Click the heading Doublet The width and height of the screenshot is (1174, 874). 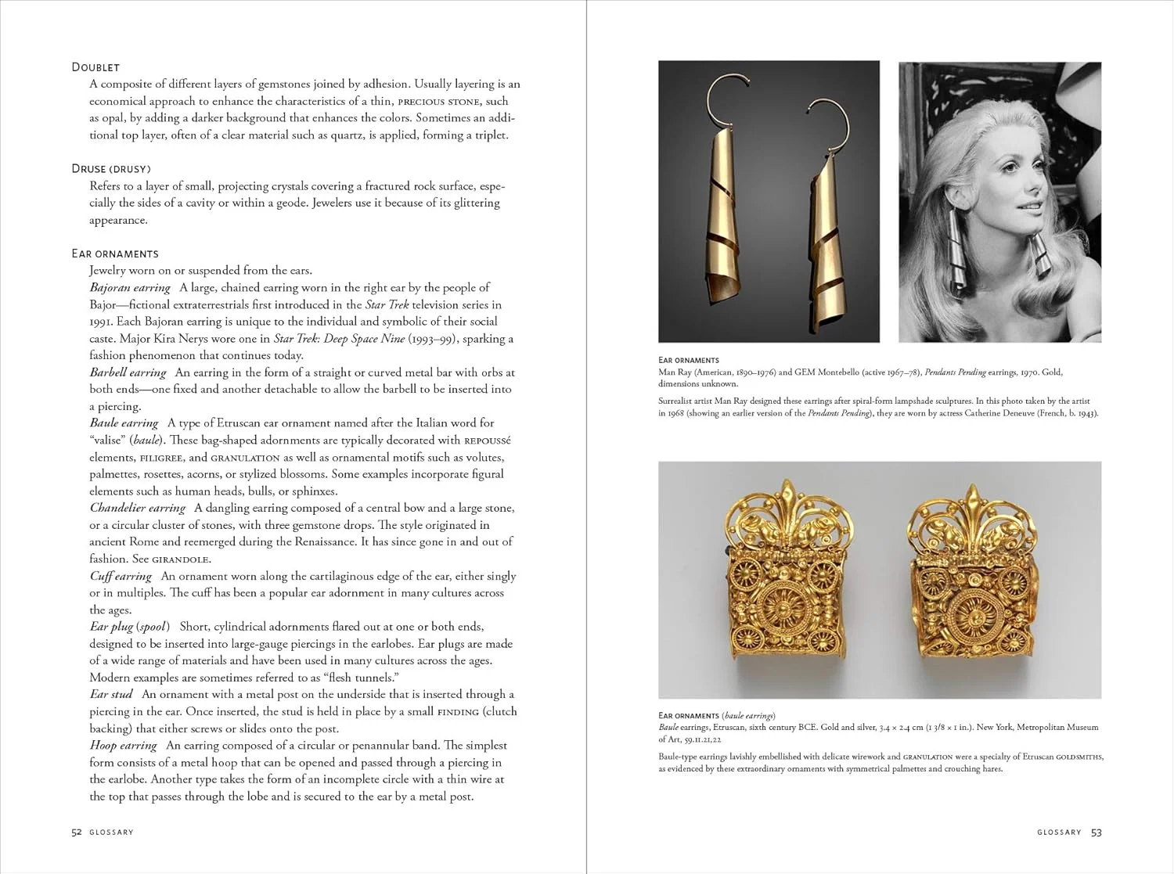[x=95, y=67]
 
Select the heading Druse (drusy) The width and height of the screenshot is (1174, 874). [x=110, y=169]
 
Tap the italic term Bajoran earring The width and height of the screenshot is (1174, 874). [x=130, y=288]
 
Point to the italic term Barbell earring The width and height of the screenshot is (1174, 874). [x=128, y=372]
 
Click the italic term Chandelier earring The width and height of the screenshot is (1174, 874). [x=138, y=508]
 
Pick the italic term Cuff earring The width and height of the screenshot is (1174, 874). [x=121, y=576]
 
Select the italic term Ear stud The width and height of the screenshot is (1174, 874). [x=111, y=694]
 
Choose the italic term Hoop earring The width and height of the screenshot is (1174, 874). [x=124, y=746]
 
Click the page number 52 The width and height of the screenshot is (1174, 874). [x=77, y=833]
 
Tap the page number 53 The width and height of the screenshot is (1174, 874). [x=1097, y=833]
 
